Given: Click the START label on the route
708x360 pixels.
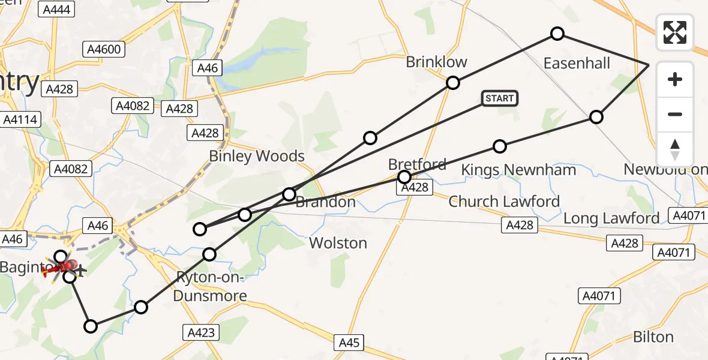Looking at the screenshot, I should click(x=499, y=98).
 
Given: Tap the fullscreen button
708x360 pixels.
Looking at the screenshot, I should click(x=675, y=32).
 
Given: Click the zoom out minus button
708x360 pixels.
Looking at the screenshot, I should click(x=675, y=114).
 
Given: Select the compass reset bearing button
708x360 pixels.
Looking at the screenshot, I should click(x=675, y=149).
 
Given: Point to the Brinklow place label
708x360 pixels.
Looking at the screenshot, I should click(x=436, y=62).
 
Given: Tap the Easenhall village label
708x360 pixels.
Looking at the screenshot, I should click(x=576, y=63).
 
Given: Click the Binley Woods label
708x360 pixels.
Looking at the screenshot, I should click(x=257, y=156).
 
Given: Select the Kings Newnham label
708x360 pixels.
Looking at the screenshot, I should click(x=518, y=170).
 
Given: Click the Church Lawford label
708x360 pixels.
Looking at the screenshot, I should click(x=504, y=202).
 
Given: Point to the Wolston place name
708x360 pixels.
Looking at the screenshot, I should click(x=338, y=243).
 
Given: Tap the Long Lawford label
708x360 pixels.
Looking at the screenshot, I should click(x=611, y=218).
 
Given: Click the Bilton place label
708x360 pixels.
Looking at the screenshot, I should click(x=653, y=337).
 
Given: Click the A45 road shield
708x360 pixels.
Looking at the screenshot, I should click(x=349, y=343).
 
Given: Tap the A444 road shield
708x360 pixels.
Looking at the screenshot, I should click(x=57, y=9).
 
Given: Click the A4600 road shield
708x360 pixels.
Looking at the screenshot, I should click(x=104, y=49).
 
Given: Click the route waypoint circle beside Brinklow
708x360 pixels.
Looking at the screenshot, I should click(x=453, y=83).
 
